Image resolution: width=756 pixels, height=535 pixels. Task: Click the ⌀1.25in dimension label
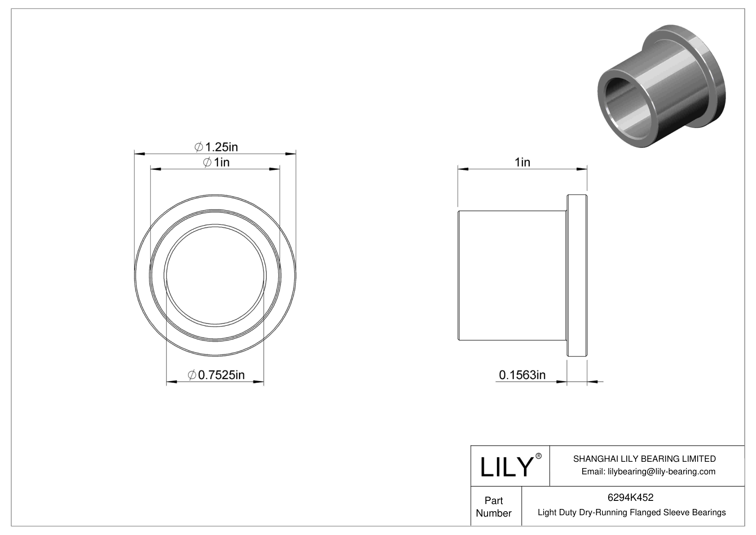[216, 147]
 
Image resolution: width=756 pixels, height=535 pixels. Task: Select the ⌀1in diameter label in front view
[216, 162]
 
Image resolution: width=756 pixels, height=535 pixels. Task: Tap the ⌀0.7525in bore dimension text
[216, 375]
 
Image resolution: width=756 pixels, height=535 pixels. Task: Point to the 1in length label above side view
[522, 162]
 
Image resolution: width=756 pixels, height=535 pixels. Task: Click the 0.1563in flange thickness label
[522, 375]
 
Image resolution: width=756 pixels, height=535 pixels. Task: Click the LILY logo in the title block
[506, 467]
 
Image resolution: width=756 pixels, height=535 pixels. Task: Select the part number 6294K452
[630, 497]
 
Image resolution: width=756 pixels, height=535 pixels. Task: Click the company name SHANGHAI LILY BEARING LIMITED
[644, 459]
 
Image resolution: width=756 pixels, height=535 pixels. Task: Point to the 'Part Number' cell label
[493, 507]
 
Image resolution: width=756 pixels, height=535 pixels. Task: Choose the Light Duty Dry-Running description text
[631, 513]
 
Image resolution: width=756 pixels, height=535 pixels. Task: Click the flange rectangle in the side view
[577, 275]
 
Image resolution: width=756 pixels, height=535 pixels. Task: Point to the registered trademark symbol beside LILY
[539, 456]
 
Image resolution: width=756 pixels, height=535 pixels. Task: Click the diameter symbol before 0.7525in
[192, 375]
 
